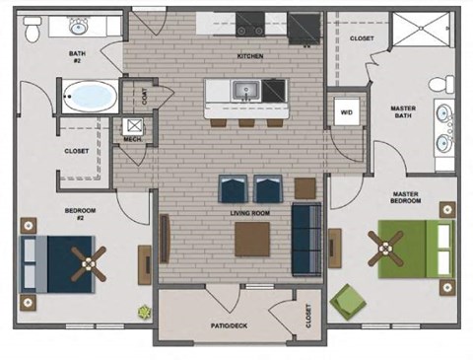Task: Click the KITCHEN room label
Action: point(250,56)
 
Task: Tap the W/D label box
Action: point(346,110)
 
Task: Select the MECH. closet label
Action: point(132,140)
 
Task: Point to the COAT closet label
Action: point(146,96)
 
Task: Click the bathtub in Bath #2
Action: point(87,97)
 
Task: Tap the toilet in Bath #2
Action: point(32,33)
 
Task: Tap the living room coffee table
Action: point(251,239)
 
